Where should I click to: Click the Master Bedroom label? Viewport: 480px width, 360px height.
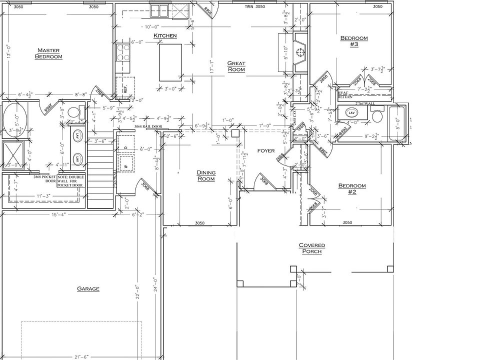48,53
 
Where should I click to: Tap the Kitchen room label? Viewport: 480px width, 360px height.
165,36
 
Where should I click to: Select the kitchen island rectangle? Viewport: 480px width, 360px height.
170,62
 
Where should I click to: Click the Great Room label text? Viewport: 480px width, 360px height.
236,66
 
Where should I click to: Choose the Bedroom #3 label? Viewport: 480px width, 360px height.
354,41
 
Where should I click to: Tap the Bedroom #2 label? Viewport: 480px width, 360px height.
352,189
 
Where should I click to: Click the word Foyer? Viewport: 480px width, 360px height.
266,150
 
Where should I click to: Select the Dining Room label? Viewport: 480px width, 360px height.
205,175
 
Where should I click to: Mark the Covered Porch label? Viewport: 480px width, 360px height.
312,248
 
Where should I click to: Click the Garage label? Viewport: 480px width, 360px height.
88,288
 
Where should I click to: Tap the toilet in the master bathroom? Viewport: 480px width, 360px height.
72,111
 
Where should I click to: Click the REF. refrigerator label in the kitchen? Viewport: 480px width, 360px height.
125,89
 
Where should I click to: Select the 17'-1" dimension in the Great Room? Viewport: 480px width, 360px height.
211,67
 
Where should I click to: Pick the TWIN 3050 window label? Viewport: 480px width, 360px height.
255,7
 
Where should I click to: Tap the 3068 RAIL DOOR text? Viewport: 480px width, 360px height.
148,127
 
